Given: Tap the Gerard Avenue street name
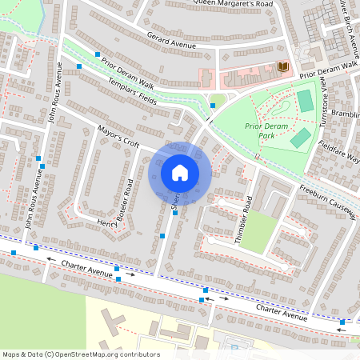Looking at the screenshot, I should tap(171, 41).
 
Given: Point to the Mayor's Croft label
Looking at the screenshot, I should tap(118, 137).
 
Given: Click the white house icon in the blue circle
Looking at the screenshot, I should tap(180, 173).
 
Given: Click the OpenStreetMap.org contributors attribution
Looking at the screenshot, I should tap(80, 354).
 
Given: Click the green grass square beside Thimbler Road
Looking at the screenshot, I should tap(258, 233).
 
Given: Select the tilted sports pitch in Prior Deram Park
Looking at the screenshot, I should tap(300, 138).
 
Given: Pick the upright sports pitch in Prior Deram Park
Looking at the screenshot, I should tap(305, 100).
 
